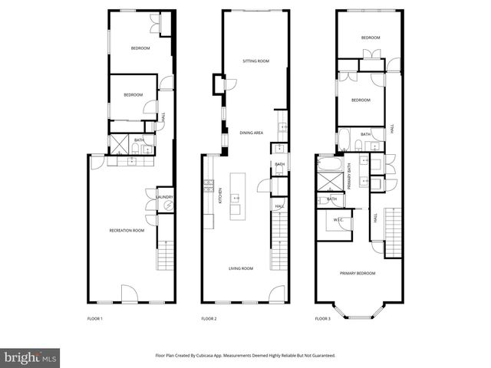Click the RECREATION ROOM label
[x=127, y=230]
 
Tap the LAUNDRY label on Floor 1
[x=165, y=197]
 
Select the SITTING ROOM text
[x=255, y=61]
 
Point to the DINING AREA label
[x=251, y=133]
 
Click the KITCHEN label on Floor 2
[x=221, y=195]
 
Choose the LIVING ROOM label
[x=241, y=268]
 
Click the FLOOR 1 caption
[x=94, y=318]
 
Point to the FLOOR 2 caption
[x=209, y=318]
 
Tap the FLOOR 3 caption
[x=323, y=318]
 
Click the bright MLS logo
[x=31, y=357]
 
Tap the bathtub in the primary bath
[x=331, y=163]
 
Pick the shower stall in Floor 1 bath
[x=120, y=143]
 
